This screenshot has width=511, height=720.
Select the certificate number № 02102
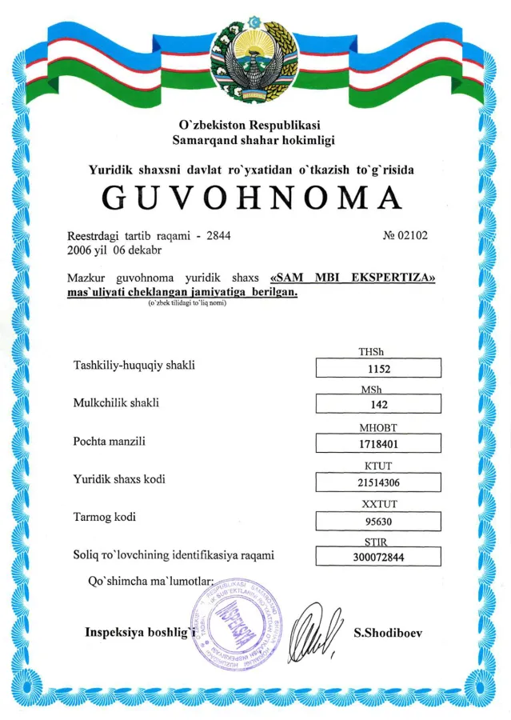(x=406, y=235)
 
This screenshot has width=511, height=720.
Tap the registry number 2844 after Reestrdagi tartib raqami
(x=218, y=236)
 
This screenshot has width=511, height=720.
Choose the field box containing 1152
(x=379, y=369)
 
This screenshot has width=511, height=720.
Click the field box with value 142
(x=379, y=406)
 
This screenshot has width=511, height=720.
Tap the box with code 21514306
(x=379, y=482)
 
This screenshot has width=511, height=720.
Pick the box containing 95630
(x=379, y=520)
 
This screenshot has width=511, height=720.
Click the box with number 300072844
(x=379, y=558)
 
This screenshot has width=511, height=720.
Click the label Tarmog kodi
(x=105, y=517)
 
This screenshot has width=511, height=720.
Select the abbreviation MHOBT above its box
(x=379, y=428)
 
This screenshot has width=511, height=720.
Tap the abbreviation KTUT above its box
(x=379, y=466)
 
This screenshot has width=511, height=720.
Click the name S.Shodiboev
(x=388, y=633)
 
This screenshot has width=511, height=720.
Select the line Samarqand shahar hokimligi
(x=254, y=140)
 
